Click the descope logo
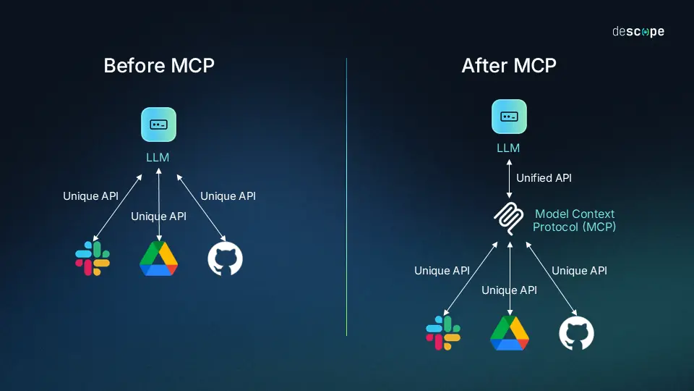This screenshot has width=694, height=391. click(x=638, y=32)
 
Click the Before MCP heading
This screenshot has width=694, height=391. click(x=159, y=65)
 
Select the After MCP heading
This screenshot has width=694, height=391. click(x=509, y=65)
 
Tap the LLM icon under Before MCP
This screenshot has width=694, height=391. click(x=158, y=125)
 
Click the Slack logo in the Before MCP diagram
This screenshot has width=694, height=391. click(x=93, y=258)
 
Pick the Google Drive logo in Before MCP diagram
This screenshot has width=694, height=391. click(x=158, y=258)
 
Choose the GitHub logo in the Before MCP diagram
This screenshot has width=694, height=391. click(x=225, y=258)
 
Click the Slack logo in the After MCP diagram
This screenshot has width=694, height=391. click(x=443, y=333)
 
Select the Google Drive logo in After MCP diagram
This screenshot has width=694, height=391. click(x=509, y=333)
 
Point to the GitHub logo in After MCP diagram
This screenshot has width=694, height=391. click(x=576, y=333)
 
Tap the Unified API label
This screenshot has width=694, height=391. click(x=544, y=177)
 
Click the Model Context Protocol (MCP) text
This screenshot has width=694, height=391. click(x=575, y=220)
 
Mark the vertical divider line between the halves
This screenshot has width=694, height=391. click(x=347, y=195)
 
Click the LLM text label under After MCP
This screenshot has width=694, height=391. click(x=509, y=148)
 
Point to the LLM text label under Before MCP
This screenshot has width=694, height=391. click(x=158, y=156)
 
